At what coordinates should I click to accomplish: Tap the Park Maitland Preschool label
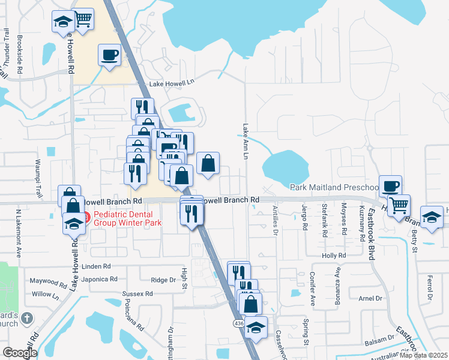pyautogui.click(x=334, y=188)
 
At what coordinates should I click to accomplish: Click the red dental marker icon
pyautogui.click(x=85, y=217)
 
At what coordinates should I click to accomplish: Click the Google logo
pyautogui.click(x=20, y=352)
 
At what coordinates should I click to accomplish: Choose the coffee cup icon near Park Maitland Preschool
pyautogui.click(x=390, y=185)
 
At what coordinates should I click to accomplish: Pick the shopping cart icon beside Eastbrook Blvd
pyautogui.click(x=398, y=205)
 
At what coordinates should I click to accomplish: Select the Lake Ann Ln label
pyautogui.click(x=246, y=142)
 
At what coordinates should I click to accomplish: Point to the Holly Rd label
pyautogui.click(x=334, y=255)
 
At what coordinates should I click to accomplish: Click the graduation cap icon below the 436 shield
pyautogui.click(x=256, y=328)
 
